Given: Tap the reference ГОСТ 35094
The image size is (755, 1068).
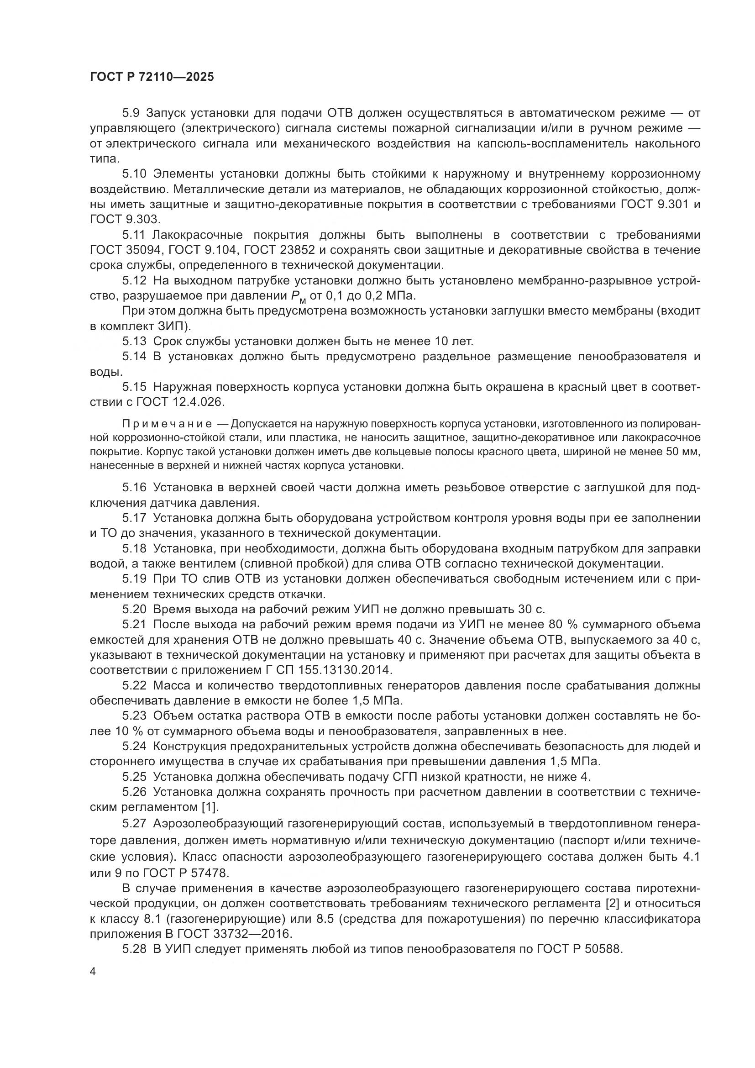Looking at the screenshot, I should [126, 250].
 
